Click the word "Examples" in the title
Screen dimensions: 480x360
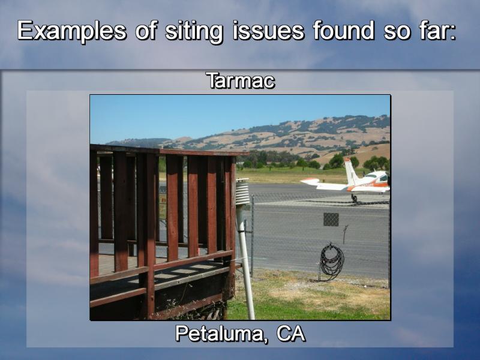[x=71, y=31]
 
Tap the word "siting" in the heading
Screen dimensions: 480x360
[x=193, y=31]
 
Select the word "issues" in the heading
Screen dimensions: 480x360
[x=268, y=31]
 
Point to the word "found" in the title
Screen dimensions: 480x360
[x=343, y=31]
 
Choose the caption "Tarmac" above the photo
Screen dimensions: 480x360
[x=241, y=81]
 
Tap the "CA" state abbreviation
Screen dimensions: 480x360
[x=290, y=334]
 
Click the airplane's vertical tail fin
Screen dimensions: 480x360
[x=350, y=172]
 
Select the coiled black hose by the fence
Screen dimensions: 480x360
[x=332, y=261]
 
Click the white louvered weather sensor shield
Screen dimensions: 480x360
[x=242, y=193]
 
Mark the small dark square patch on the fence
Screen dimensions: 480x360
[x=331, y=220]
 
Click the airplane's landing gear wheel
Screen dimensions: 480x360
[x=354, y=199]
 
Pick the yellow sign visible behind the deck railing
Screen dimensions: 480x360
[x=163, y=200]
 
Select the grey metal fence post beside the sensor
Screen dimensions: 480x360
[x=253, y=236]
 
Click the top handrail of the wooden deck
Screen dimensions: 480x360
[x=169, y=151]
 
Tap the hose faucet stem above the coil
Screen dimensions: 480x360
[x=345, y=234]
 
